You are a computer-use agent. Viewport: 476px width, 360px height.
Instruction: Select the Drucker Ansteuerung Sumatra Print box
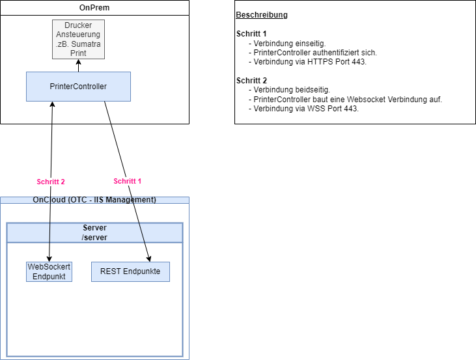[78, 39]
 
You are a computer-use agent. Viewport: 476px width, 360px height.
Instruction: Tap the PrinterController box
[78, 87]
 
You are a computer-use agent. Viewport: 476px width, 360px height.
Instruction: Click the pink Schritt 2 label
[51, 182]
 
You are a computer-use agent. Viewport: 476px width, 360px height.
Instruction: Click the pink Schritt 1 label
[128, 181]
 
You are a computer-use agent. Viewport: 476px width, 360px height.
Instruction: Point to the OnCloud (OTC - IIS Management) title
[94, 200]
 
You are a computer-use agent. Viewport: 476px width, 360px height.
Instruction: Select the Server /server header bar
[95, 232]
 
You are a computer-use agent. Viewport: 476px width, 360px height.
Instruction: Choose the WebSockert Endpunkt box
[49, 271]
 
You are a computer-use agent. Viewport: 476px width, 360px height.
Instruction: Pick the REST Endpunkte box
[130, 271]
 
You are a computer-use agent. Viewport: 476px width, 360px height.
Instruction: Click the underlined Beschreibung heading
[262, 15]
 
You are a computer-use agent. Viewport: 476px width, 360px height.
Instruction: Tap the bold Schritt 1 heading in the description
[251, 34]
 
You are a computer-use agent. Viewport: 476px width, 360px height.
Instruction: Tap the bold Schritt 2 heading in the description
[251, 81]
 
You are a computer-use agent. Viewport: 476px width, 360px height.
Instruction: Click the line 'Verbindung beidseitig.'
[292, 90]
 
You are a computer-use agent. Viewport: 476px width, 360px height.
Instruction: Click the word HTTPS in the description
[316, 62]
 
